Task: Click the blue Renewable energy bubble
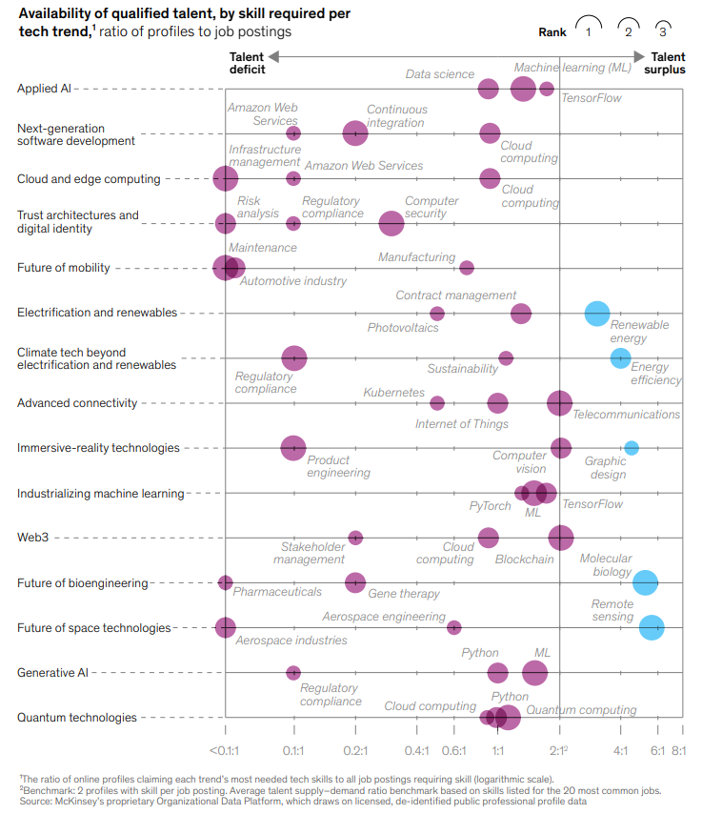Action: point(597,313)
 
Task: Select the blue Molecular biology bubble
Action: point(646,581)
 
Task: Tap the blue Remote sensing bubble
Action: point(652,627)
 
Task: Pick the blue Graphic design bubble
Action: point(631,448)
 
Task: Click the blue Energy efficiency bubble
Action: point(620,357)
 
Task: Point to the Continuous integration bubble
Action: point(354,133)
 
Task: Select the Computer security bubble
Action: point(391,223)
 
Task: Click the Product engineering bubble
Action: point(293,448)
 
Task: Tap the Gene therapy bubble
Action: point(355,582)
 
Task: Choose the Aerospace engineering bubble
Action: point(454,627)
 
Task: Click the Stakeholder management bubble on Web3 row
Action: point(355,538)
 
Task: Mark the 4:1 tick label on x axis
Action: point(620,751)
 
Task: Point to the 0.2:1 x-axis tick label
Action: point(355,751)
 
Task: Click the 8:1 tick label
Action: point(679,751)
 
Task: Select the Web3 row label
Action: point(32,538)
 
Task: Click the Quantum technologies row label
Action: point(77,718)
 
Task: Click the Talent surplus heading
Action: point(668,63)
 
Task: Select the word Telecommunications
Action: point(626,415)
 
